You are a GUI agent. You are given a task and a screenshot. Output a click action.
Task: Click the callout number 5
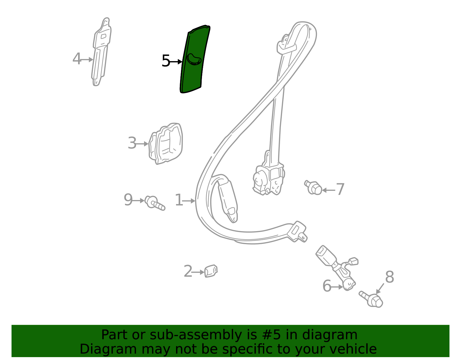pyautogui.click(x=166, y=61)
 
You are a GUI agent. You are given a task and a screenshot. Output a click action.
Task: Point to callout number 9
pyautogui.click(x=128, y=200)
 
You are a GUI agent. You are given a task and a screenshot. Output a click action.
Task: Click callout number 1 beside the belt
pyautogui.click(x=179, y=200)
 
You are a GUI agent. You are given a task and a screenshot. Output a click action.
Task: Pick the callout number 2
pyautogui.click(x=188, y=271)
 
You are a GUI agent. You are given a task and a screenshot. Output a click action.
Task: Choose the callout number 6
pyautogui.click(x=327, y=286)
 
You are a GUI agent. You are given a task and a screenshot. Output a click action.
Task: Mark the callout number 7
pyautogui.click(x=340, y=189)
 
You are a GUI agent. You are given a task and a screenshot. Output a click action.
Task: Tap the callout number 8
pyautogui.click(x=390, y=277)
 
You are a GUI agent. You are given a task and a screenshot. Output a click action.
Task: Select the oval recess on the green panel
pyautogui.click(x=194, y=59)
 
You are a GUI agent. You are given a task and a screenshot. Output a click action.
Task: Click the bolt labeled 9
pyautogui.click(x=155, y=203)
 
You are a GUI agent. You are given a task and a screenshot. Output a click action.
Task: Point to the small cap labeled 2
pyautogui.click(x=211, y=271)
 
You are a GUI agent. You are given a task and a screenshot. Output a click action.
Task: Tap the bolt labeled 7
pyautogui.click(x=313, y=188)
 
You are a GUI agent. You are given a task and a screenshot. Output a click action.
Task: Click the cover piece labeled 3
pyautogui.click(x=166, y=144)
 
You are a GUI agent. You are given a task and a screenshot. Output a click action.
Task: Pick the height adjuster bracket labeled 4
pyautogui.click(x=101, y=52)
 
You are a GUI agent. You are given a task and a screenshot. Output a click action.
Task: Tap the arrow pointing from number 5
pyautogui.click(x=176, y=62)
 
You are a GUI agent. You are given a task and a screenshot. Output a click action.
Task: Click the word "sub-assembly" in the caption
pyautogui.click(x=196, y=335)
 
